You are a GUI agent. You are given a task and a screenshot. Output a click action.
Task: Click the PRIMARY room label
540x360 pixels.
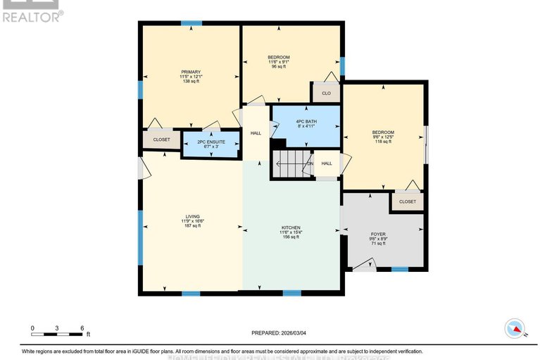click(191, 72)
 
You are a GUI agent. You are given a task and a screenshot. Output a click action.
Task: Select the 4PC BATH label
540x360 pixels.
click(306, 122)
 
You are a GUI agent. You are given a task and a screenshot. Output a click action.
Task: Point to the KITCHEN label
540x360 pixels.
click(291, 228)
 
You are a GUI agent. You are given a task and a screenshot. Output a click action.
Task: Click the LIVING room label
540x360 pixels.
click(191, 217)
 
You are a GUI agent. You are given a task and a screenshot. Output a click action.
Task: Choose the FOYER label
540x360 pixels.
click(378, 234)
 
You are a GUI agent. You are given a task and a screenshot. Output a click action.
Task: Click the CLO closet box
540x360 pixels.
click(326, 93)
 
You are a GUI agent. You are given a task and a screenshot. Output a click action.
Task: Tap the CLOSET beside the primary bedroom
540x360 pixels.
click(161, 139)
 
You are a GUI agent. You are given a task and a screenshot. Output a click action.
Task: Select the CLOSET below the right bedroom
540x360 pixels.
click(407, 201)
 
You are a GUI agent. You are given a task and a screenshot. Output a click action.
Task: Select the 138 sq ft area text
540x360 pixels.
click(191, 82)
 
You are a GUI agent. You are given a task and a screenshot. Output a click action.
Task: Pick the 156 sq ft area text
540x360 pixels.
click(291, 237)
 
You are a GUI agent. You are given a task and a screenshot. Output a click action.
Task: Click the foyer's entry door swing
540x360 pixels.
click(364, 264)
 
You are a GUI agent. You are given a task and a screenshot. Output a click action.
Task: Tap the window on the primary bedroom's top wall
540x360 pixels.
click(191, 23)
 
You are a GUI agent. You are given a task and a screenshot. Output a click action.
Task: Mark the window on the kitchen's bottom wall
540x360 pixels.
click(291, 292)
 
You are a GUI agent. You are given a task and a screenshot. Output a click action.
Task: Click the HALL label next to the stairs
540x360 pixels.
click(327, 163)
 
